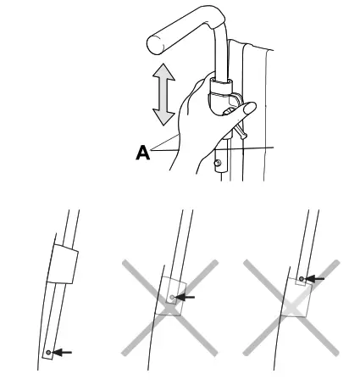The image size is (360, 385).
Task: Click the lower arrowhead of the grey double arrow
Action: point(159,120)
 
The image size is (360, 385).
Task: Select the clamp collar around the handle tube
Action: point(220,87)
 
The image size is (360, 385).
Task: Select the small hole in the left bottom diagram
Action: point(51,350)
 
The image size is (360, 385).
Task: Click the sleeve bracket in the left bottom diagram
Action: point(63,265)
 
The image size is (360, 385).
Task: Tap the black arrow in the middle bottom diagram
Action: point(186,297)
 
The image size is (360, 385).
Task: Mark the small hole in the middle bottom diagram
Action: point(173,297)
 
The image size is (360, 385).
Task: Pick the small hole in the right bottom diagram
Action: point(302,276)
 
